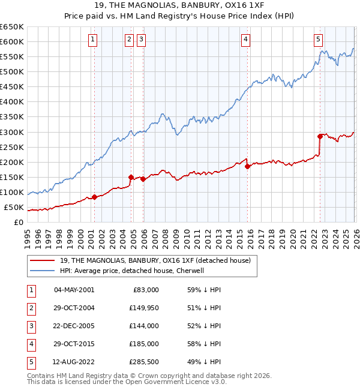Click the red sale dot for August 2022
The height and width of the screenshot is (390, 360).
(x=320, y=136)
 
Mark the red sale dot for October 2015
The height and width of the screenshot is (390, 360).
(x=247, y=167)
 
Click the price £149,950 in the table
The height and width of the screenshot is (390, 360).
(x=143, y=308)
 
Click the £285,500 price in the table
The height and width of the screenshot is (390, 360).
(x=143, y=362)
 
